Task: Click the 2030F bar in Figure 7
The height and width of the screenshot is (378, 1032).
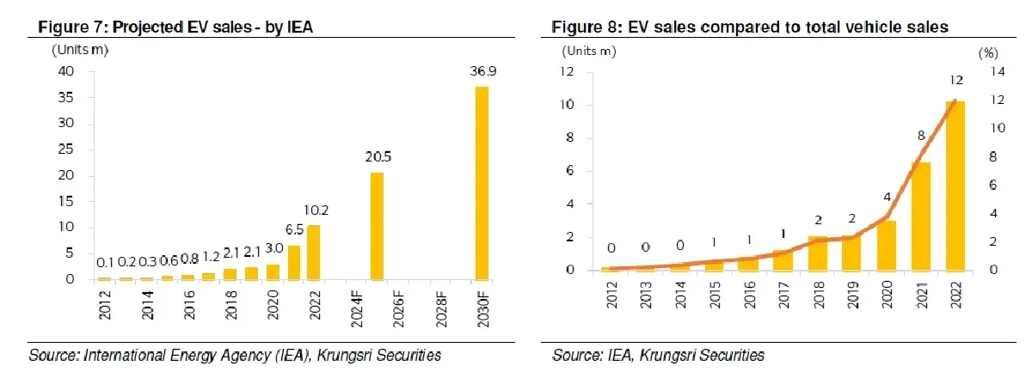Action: [482, 183]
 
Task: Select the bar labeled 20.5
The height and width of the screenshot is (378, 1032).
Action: [377, 226]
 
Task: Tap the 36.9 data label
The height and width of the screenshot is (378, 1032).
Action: [482, 71]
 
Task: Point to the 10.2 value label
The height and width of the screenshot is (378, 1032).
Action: [316, 210]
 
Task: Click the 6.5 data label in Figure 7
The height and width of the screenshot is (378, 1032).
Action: [294, 229]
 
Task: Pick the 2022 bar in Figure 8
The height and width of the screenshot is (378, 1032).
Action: [955, 186]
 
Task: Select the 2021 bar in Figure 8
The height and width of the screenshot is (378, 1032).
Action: [920, 216]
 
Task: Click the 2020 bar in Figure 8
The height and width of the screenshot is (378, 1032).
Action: [887, 246]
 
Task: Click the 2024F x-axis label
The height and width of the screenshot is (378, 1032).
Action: [357, 309]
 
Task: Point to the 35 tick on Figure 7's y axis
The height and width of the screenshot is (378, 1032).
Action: [65, 97]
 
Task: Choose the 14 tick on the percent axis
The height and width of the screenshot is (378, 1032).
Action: [998, 71]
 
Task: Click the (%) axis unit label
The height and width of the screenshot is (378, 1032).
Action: [988, 53]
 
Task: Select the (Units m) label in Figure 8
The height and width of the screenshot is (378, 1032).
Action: [589, 51]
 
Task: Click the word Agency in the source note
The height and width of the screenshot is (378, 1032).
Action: [246, 356]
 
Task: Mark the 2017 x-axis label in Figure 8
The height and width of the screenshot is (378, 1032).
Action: [783, 295]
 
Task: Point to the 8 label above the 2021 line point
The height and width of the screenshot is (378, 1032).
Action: [921, 136]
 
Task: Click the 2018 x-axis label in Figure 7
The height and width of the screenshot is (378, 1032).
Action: [230, 305]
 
